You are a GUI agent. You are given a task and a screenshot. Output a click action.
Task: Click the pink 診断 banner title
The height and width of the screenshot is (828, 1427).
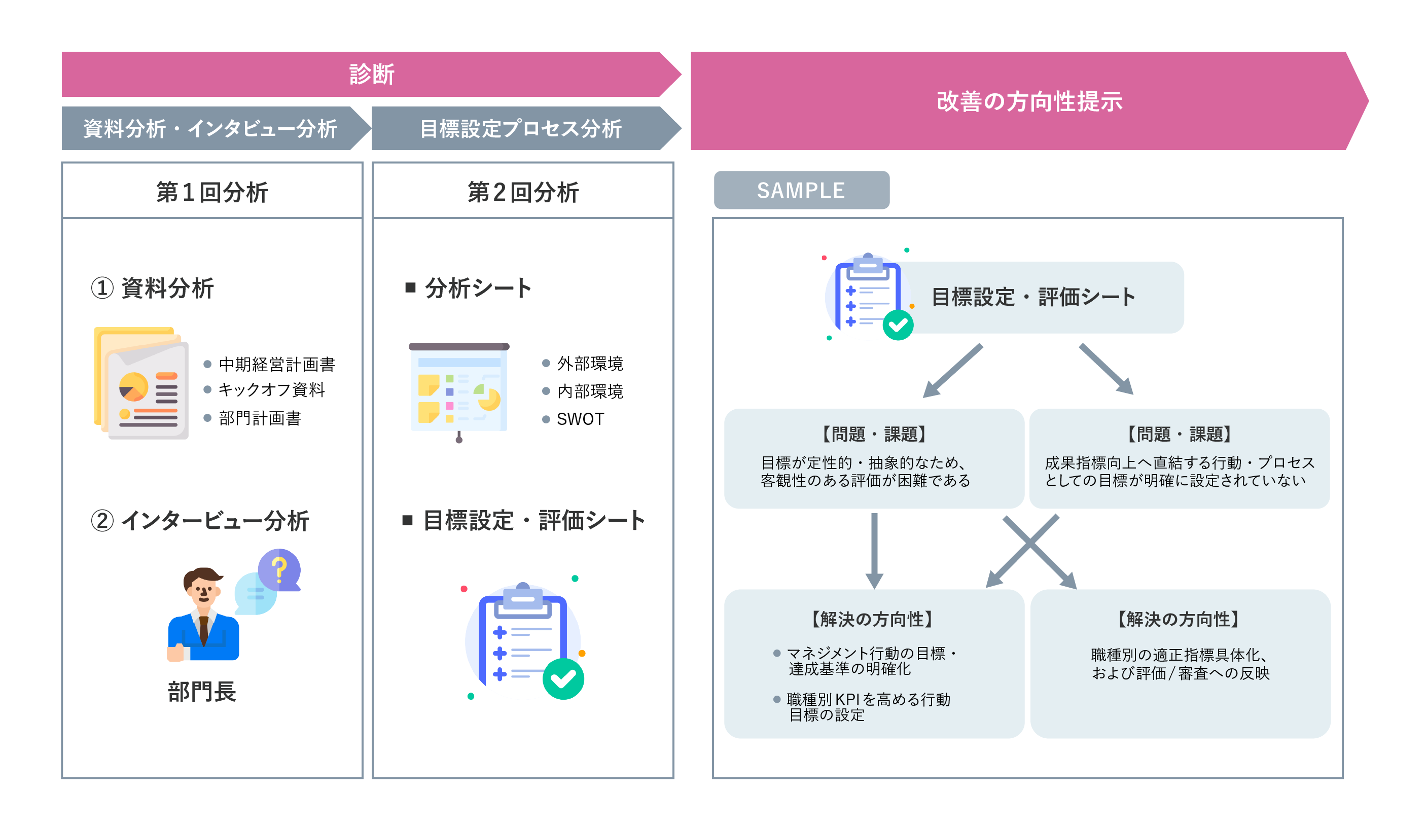coord(372,74)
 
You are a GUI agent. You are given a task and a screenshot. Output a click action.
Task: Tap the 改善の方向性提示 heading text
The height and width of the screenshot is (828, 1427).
coord(1029,101)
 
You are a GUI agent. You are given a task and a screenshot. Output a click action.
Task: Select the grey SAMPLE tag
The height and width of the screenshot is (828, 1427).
coord(801,190)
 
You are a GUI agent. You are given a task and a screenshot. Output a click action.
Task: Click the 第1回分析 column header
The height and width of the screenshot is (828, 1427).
coord(212,192)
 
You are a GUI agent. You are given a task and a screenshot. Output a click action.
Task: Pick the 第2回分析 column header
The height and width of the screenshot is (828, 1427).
coord(523,192)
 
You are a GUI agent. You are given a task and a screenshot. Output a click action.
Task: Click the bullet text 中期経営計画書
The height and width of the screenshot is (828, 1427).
coord(277,364)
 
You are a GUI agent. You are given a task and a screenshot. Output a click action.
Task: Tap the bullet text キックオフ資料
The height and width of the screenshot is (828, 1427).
coord(272,389)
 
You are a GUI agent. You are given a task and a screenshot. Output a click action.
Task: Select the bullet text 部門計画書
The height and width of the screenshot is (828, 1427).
coord(260,418)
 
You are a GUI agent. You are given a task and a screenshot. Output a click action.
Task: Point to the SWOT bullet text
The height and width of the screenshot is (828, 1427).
coord(581,419)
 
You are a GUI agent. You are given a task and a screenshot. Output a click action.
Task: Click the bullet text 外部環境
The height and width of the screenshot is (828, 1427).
coord(590,364)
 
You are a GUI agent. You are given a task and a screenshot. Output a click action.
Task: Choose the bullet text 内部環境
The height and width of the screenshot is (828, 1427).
coord(590,391)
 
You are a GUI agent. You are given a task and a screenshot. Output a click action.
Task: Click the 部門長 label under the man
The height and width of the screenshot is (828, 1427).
coord(202,692)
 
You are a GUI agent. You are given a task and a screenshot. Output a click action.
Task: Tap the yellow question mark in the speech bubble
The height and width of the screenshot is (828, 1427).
coord(278,570)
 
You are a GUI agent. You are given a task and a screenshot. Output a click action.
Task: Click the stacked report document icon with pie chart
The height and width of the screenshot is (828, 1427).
coord(141,383)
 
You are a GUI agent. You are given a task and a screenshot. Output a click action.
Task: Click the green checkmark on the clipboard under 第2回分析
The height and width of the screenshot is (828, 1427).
coord(563,678)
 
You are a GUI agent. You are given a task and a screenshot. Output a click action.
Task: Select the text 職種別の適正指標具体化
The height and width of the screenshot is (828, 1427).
coord(1179,655)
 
